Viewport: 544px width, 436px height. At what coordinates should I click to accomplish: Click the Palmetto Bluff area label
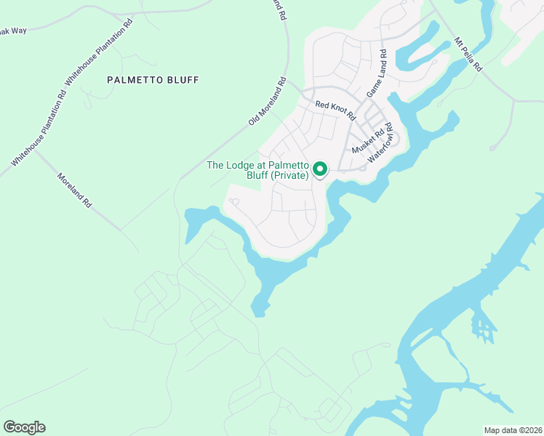tap(153, 79)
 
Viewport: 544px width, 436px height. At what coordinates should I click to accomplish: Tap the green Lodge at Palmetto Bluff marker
tap(320, 170)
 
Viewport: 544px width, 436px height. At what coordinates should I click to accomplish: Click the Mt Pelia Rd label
tap(468, 53)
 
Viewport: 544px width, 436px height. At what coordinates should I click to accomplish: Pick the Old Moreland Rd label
tap(267, 101)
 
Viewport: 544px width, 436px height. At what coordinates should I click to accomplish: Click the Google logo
tap(24, 427)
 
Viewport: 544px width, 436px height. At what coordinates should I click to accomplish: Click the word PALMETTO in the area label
tap(133, 79)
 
